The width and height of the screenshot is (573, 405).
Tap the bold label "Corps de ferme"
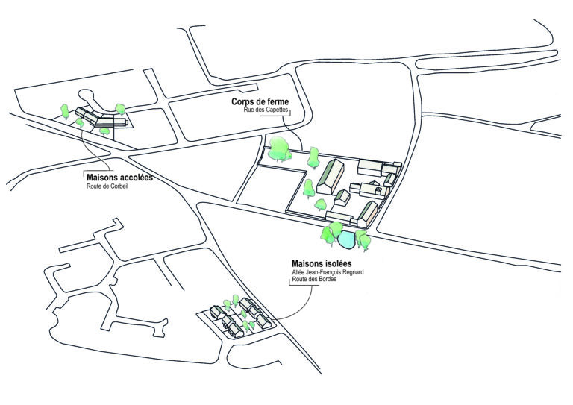pyautogui.click(x=260, y=102)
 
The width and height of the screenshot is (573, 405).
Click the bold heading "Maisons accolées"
pyautogui.click(x=119, y=178)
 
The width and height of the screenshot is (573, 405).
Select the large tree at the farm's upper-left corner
pyautogui.click(x=281, y=147)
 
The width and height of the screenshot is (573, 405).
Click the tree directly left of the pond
pyautogui.click(x=328, y=234)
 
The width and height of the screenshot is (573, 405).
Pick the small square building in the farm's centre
pyautogui.click(x=342, y=198)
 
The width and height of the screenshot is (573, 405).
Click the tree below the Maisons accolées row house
pyautogui.click(x=104, y=130)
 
